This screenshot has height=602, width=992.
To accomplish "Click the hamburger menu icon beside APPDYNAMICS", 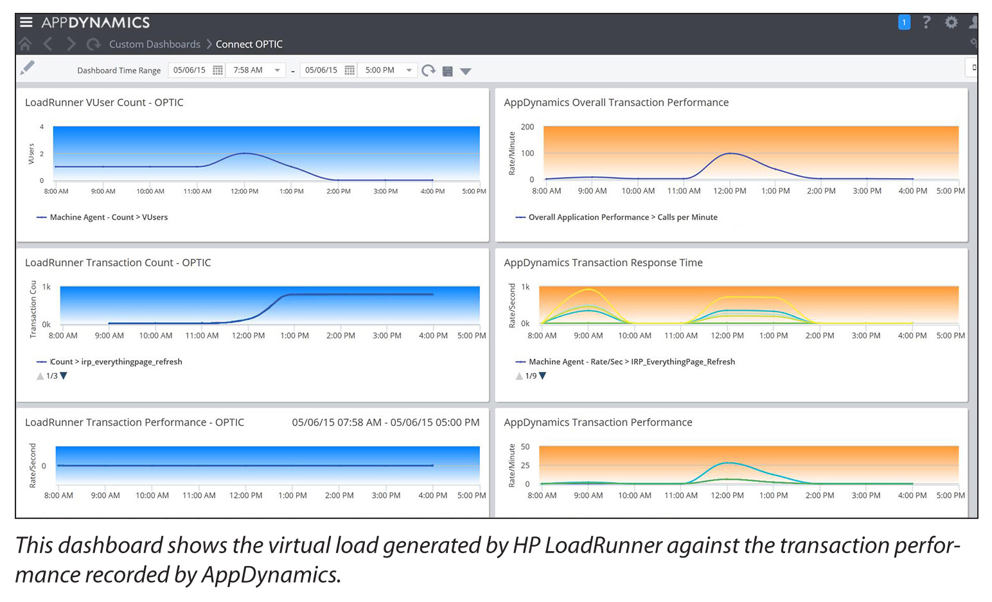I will [26, 23].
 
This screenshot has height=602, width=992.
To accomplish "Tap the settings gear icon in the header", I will [951, 23].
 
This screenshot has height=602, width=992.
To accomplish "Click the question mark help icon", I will [926, 23].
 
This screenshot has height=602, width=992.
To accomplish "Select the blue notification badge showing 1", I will [904, 23].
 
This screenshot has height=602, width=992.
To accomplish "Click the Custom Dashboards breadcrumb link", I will [154, 44].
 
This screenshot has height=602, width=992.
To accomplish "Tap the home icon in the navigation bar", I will [25, 44].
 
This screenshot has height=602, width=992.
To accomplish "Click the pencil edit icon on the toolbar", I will [27, 68].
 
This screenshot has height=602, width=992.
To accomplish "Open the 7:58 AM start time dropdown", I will [277, 70].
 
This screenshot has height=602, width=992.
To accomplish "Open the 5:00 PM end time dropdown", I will [409, 70].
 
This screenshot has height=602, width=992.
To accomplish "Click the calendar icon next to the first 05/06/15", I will [218, 70].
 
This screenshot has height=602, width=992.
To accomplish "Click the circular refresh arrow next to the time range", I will [429, 71].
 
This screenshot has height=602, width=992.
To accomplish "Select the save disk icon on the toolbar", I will [448, 71].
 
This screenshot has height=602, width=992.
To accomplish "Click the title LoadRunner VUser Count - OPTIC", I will [104, 102].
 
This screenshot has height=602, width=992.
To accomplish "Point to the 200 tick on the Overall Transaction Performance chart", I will [527, 127].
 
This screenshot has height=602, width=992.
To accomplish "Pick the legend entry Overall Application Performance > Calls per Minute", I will [622, 217].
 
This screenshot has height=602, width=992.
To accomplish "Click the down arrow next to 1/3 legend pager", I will [64, 376].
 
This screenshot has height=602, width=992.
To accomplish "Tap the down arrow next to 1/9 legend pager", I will [542, 376].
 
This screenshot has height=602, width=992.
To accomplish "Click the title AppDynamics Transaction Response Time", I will [603, 262].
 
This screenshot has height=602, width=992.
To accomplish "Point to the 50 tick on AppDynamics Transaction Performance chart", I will [525, 446].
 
